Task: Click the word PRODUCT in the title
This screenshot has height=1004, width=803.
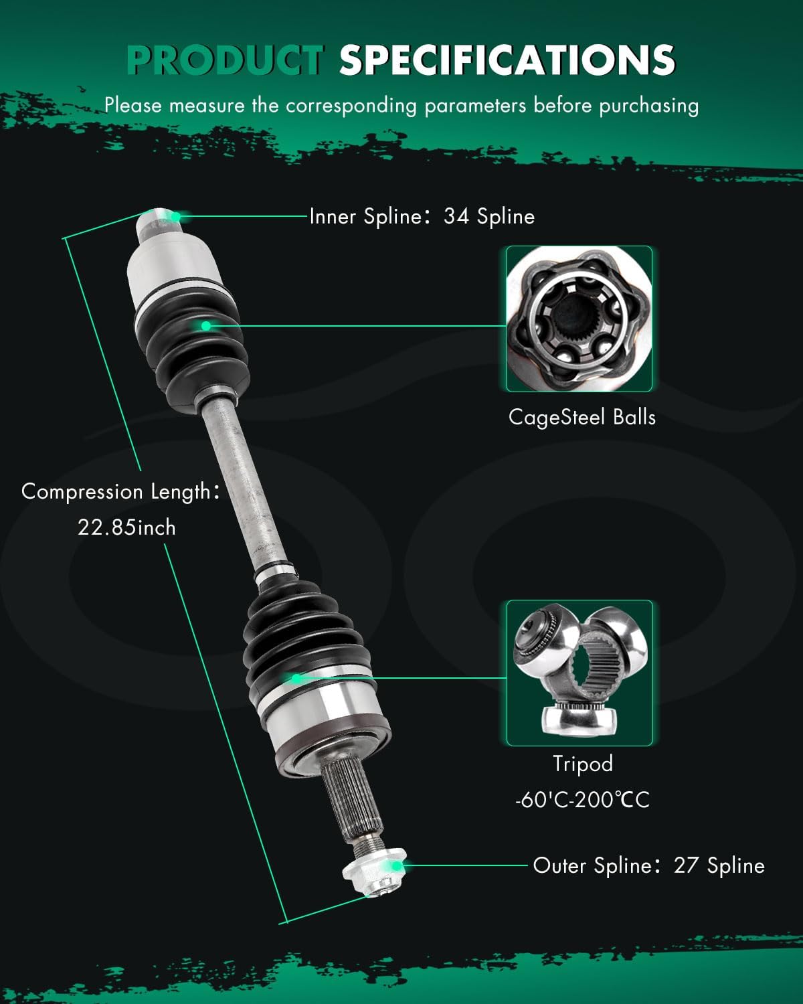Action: (225, 60)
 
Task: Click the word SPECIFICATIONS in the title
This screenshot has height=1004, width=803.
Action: (507, 60)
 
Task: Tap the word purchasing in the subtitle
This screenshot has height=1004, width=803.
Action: (648, 106)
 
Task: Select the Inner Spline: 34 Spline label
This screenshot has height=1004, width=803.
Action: (422, 216)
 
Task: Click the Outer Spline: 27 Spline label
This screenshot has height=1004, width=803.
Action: (648, 865)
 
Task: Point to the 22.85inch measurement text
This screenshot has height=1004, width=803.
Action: (126, 527)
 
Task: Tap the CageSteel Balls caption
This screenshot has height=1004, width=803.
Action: (582, 417)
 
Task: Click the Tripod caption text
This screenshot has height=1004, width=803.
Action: (582, 763)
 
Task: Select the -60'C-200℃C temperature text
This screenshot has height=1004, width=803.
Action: (582, 799)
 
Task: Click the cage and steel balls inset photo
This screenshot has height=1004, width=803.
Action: (579, 319)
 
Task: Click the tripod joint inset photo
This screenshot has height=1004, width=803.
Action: (579, 673)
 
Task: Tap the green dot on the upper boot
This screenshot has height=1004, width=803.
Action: (206, 326)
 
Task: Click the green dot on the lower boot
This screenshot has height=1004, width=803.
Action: (296, 678)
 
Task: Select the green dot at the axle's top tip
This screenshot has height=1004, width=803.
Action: (175, 216)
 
